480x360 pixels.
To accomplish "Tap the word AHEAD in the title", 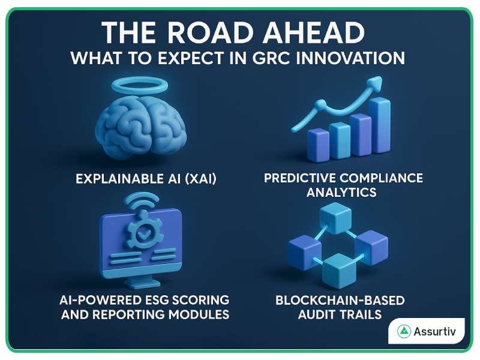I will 319,33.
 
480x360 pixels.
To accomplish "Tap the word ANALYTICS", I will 341,192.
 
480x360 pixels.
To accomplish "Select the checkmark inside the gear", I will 144,234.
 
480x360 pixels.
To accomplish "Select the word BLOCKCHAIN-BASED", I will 340,299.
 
